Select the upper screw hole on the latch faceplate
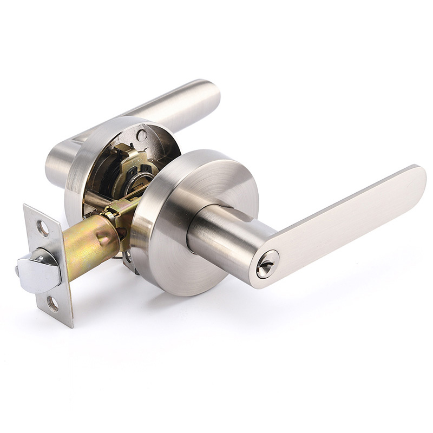(42, 228)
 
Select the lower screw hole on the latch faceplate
(53, 304)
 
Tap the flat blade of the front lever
(346, 222)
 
